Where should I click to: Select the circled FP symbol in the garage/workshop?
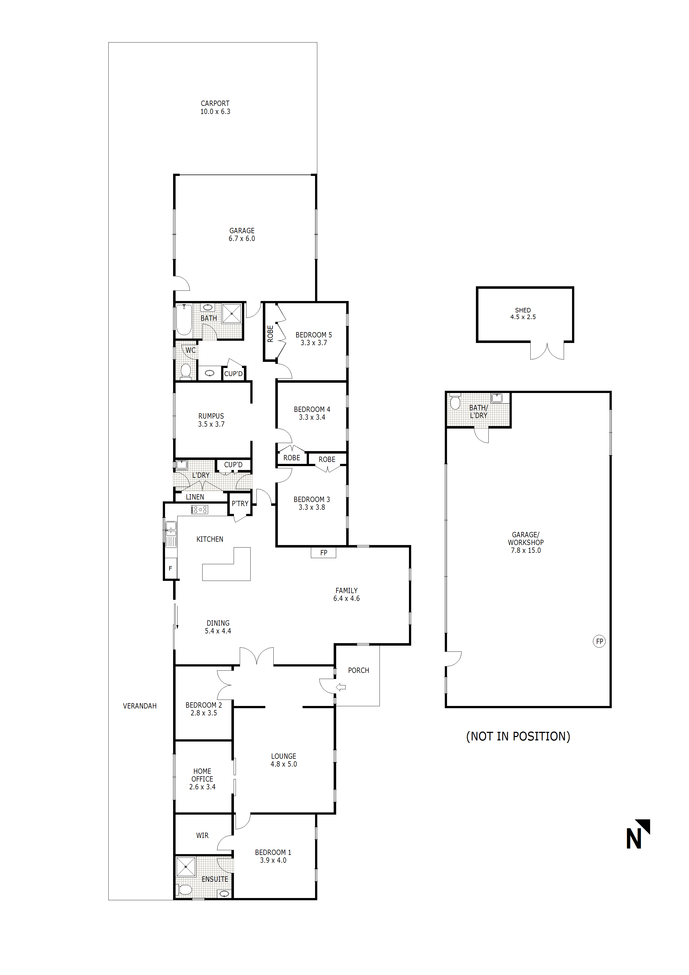click(x=599, y=641)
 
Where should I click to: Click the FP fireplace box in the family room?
click(x=323, y=553)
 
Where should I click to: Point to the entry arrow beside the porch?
click(x=341, y=687)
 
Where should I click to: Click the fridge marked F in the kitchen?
click(x=171, y=568)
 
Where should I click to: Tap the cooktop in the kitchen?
click(x=199, y=509)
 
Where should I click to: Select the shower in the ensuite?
click(x=186, y=867)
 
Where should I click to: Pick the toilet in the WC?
click(x=186, y=371)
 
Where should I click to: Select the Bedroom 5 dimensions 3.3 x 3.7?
click(x=314, y=343)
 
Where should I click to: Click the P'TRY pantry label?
click(x=240, y=504)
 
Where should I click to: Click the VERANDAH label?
click(x=140, y=706)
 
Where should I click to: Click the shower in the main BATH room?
click(x=232, y=314)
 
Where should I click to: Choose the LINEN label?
click(x=195, y=497)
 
